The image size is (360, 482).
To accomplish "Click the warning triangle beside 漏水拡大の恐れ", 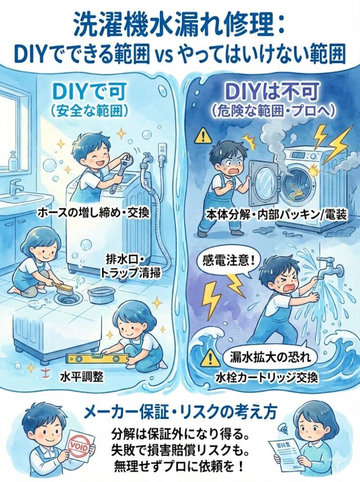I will click(210, 358).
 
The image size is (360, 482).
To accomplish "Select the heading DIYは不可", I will click(269, 92).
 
